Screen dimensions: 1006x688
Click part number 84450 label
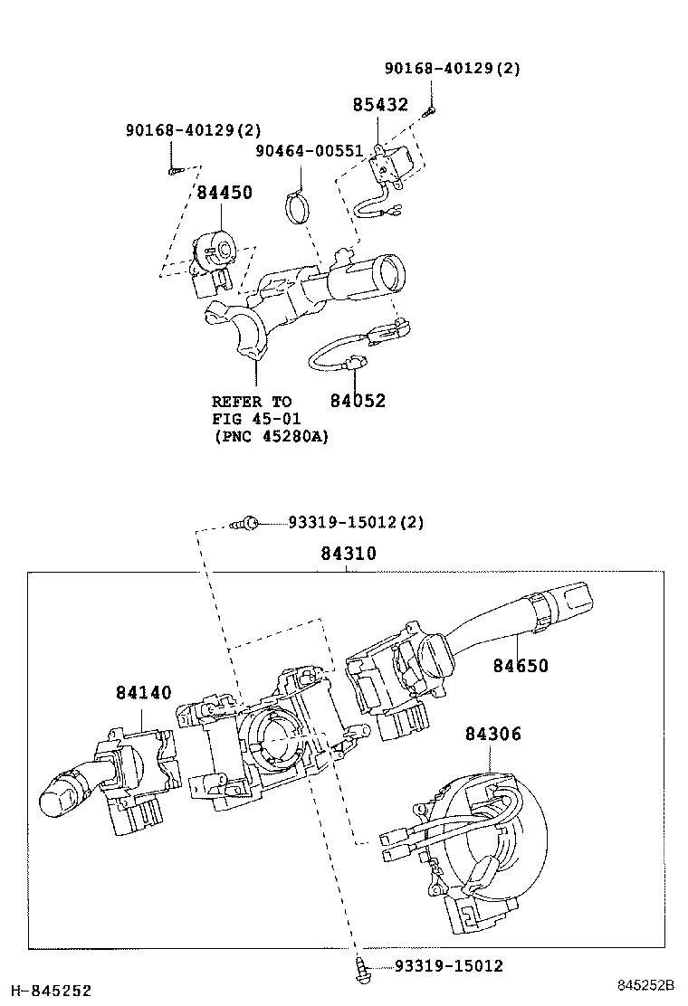click(225, 193)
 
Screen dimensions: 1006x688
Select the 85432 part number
click(380, 105)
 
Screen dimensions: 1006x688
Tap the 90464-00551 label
click(309, 151)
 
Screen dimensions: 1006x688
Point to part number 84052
click(358, 401)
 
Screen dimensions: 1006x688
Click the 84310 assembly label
click(348, 554)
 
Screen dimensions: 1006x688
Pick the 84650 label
click(521, 666)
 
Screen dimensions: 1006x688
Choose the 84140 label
click(143, 693)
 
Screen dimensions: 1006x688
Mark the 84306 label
click(493, 734)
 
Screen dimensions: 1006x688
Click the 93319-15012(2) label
click(356, 522)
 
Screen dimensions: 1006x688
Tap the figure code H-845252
click(46, 992)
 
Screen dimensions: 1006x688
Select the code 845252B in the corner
click(646, 984)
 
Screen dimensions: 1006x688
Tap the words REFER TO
click(252, 402)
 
